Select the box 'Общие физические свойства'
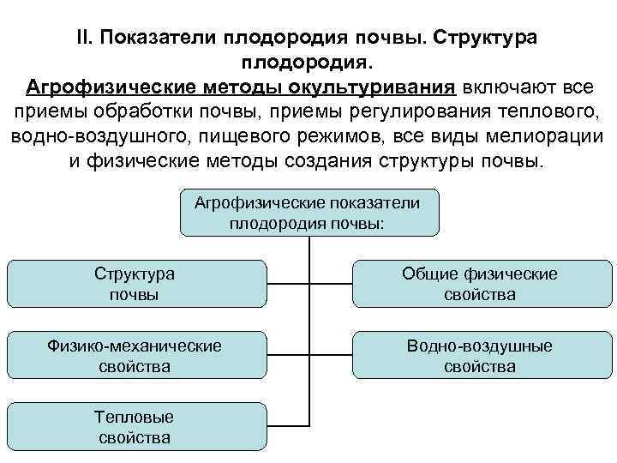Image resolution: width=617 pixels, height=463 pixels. [x=480, y=284]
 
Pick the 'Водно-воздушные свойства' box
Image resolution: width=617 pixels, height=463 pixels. [x=480, y=356]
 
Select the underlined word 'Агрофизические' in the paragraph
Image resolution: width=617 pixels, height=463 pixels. [x=109, y=88]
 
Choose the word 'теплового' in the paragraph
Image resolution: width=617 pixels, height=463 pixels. [x=536, y=113]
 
